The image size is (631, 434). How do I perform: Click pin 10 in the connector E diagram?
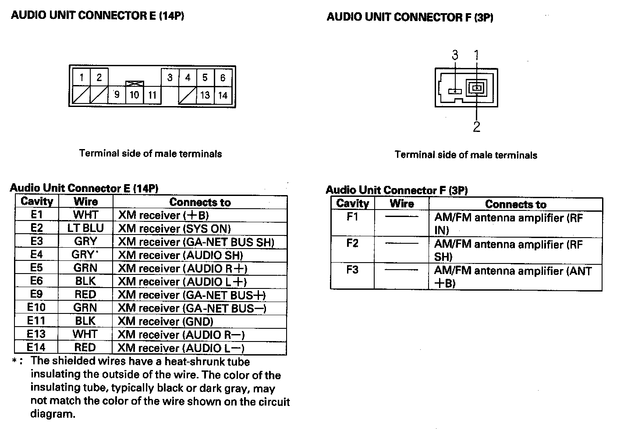tap(134, 95)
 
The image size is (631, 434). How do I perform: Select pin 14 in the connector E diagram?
tap(223, 95)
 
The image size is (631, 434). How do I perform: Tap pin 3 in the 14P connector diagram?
tap(170, 78)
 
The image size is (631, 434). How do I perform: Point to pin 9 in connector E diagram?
tap(117, 95)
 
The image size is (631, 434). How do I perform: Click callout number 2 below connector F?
tap(477, 127)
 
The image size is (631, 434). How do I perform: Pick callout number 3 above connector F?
tap(455, 55)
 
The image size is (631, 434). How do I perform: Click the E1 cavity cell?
tap(37, 215)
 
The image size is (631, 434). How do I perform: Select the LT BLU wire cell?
tap(85, 228)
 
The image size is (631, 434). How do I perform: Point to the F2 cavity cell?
tap(352, 244)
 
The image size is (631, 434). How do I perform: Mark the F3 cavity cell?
tap(352, 270)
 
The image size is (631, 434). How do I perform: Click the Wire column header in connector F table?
tap(402, 204)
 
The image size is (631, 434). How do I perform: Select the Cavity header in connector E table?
tap(37, 202)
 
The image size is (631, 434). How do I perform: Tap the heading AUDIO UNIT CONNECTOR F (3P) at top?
tap(410, 18)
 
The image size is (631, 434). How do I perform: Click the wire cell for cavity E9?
tap(85, 294)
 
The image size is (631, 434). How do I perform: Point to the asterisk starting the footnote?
tap(15, 362)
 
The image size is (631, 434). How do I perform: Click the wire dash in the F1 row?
tap(401, 216)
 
